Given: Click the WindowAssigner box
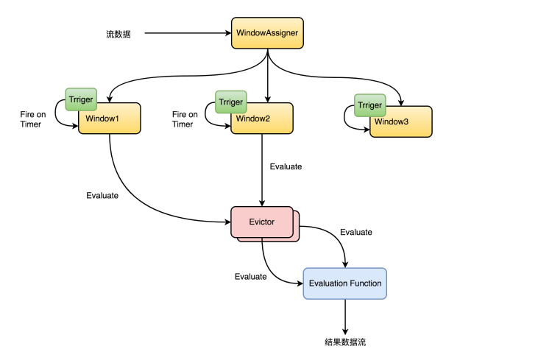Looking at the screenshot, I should [x=268, y=34].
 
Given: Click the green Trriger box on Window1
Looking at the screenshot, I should [x=80, y=99].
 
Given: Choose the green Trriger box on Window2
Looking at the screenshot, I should [x=230, y=103].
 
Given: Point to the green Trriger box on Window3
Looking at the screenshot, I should [x=369, y=106].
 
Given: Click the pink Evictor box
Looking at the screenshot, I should [x=261, y=221].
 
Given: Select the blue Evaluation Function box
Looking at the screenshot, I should [x=344, y=283].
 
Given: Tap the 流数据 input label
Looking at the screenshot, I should [x=118, y=34].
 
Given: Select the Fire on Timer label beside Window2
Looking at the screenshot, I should [x=184, y=119].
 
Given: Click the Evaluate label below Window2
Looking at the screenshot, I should [x=286, y=167].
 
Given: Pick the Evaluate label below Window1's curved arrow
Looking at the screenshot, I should [x=102, y=195].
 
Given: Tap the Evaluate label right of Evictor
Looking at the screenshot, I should [x=356, y=232].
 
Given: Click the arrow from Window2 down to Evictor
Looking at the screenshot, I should [x=263, y=169].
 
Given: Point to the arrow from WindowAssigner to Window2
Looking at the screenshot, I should [x=268, y=77].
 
